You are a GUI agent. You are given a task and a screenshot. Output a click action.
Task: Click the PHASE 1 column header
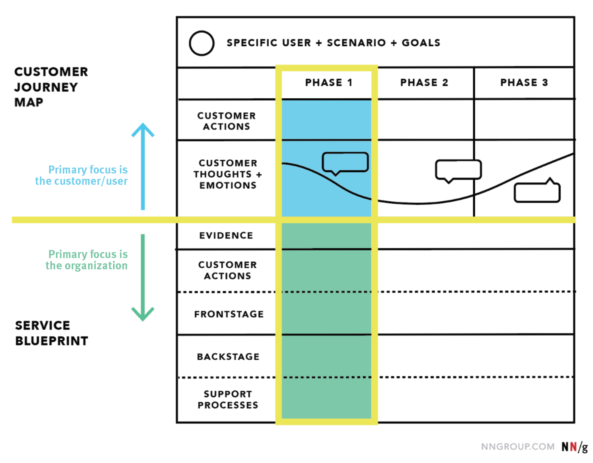pyautogui.click(x=328, y=83)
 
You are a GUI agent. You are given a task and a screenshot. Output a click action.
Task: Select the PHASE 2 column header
pyautogui.click(x=424, y=83)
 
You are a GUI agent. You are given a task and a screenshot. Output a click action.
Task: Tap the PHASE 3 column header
pyautogui.click(x=524, y=83)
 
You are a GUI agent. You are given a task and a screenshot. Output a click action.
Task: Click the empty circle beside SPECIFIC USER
pyautogui.click(x=202, y=43)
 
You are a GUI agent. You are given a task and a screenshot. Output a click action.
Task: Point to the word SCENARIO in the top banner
pyautogui.click(x=356, y=43)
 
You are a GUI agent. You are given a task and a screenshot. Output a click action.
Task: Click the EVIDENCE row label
pyautogui.click(x=226, y=236)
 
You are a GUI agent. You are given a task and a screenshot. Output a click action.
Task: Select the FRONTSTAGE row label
pyautogui.click(x=229, y=314)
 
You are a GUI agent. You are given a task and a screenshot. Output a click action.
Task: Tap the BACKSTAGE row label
pyautogui.click(x=228, y=357)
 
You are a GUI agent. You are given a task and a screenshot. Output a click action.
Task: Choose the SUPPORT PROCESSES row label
pyautogui.click(x=228, y=399)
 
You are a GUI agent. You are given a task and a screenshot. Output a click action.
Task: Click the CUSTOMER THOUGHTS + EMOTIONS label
pyautogui.click(x=228, y=174)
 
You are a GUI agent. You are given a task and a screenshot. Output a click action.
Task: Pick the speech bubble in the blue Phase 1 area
pyautogui.click(x=345, y=162)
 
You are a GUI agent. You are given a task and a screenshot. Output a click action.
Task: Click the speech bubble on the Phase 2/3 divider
pyautogui.click(x=458, y=170)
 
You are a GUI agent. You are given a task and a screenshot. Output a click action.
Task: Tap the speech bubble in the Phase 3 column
pyautogui.click(x=537, y=192)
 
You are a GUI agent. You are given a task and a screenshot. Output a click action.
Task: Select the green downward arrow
pyautogui.click(x=143, y=278)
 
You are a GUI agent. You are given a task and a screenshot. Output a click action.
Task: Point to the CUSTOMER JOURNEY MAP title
pyautogui.click(x=51, y=87)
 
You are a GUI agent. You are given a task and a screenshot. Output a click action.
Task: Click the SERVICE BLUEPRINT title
pyautogui.click(x=51, y=333)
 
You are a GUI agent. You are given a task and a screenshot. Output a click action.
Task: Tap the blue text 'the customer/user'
pyautogui.click(x=81, y=181)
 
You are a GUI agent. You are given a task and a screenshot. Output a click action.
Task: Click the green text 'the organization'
pyautogui.click(x=86, y=266)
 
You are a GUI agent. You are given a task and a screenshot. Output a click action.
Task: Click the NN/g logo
pyautogui.click(x=574, y=447)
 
